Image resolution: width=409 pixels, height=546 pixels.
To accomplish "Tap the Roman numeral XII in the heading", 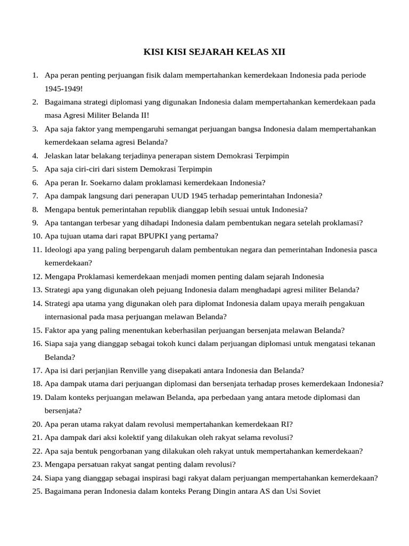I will [x=277, y=52].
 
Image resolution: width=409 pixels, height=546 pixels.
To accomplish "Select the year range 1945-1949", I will [x=63, y=89].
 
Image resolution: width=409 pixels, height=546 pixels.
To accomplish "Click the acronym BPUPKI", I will [x=155, y=236].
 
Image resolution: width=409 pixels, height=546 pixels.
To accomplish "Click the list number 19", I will [x=37, y=397].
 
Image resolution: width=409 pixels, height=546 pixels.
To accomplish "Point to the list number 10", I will [x=37, y=236].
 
